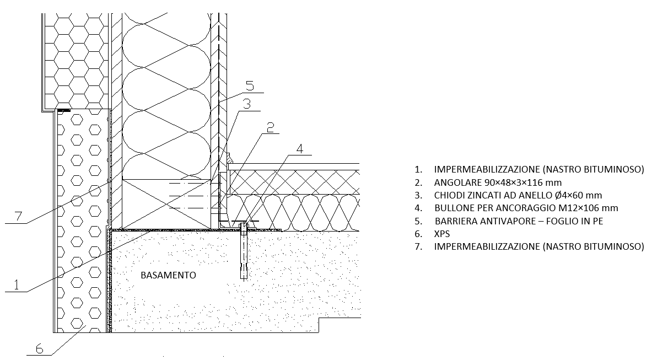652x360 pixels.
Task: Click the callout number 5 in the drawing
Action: pos(250,85)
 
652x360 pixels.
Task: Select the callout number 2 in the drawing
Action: pos(270,127)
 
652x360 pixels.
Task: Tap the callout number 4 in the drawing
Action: pos(300,148)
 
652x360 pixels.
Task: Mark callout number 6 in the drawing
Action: pos(39,348)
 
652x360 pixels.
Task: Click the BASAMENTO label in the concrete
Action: pos(168,275)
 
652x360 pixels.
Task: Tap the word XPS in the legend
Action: pos(442,234)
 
